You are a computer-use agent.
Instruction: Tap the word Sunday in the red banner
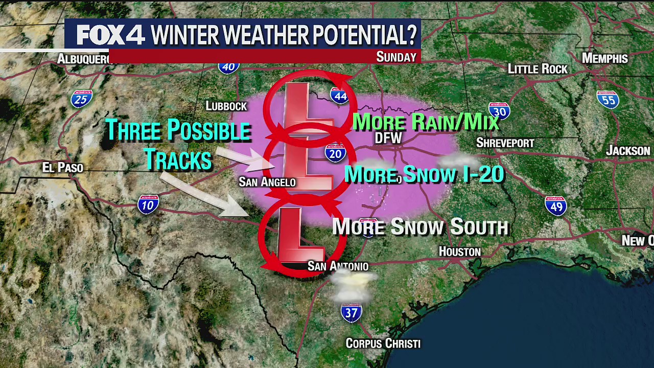click(x=396, y=57)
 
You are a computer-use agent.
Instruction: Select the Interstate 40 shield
click(x=228, y=66)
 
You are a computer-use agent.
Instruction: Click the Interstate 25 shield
click(x=81, y=99)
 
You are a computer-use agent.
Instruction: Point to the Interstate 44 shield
click(x=339, y=96)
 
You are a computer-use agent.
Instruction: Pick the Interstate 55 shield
click(x=608, y=100)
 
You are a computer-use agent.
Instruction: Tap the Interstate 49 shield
click(x=555, y=205)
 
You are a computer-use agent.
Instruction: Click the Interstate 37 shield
click(x=352, y=312)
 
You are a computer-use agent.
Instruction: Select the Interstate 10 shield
click(x=148, y=204)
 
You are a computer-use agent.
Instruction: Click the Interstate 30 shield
click(x=499, y=111)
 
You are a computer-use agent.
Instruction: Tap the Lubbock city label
click(x=226, y=106)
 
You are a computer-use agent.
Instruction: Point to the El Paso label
click(x=63, y=168)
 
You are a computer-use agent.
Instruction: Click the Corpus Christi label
click(x=383, y=343)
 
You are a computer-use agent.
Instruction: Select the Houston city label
click(x=460, y=251)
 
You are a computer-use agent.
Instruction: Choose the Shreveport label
click(x=505, y=143)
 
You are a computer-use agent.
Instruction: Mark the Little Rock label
click(x=538, y=69)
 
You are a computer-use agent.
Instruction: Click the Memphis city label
click(x=604, y=58)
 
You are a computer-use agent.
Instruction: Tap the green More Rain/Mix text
click(x=425, y=122)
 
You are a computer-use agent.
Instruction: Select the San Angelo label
click(x=267, y=182)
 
